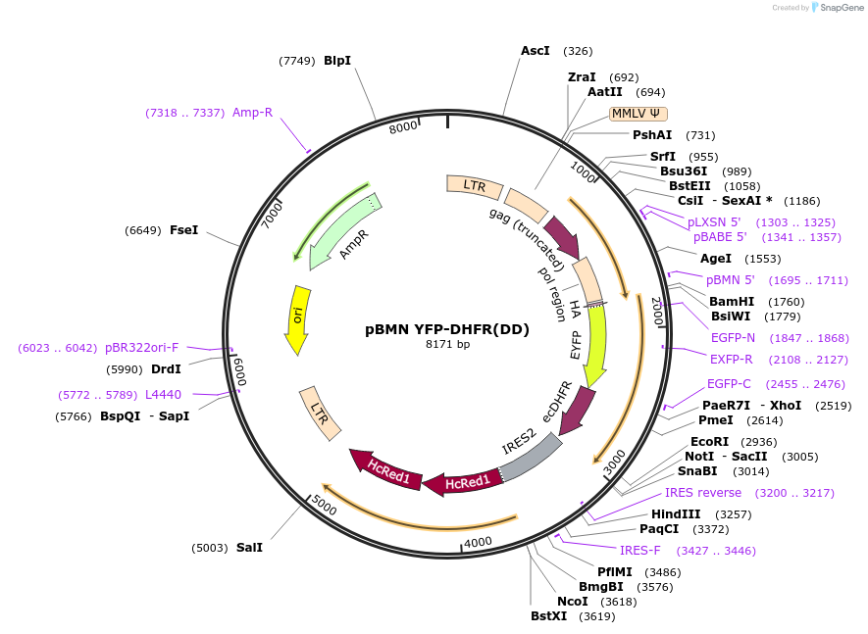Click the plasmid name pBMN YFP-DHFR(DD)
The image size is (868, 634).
(446, 329)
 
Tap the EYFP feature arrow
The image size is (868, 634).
(594, 344)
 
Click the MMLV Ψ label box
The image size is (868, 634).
(638, 114)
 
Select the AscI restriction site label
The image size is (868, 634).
(536, 51)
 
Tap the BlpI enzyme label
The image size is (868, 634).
(337, 61)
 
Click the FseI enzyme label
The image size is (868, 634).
(183, 230)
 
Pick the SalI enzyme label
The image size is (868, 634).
(249, 548)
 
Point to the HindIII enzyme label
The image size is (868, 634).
(676, 514)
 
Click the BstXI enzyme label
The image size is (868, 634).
(549, 616)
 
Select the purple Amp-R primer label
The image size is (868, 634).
(252, 113)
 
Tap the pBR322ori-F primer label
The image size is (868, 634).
(142, 348)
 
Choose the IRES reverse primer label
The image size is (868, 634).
(703, 493)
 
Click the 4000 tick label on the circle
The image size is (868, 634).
(478, 542)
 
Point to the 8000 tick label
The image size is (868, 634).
(403, 128)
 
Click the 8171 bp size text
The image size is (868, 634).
(447, 345)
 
